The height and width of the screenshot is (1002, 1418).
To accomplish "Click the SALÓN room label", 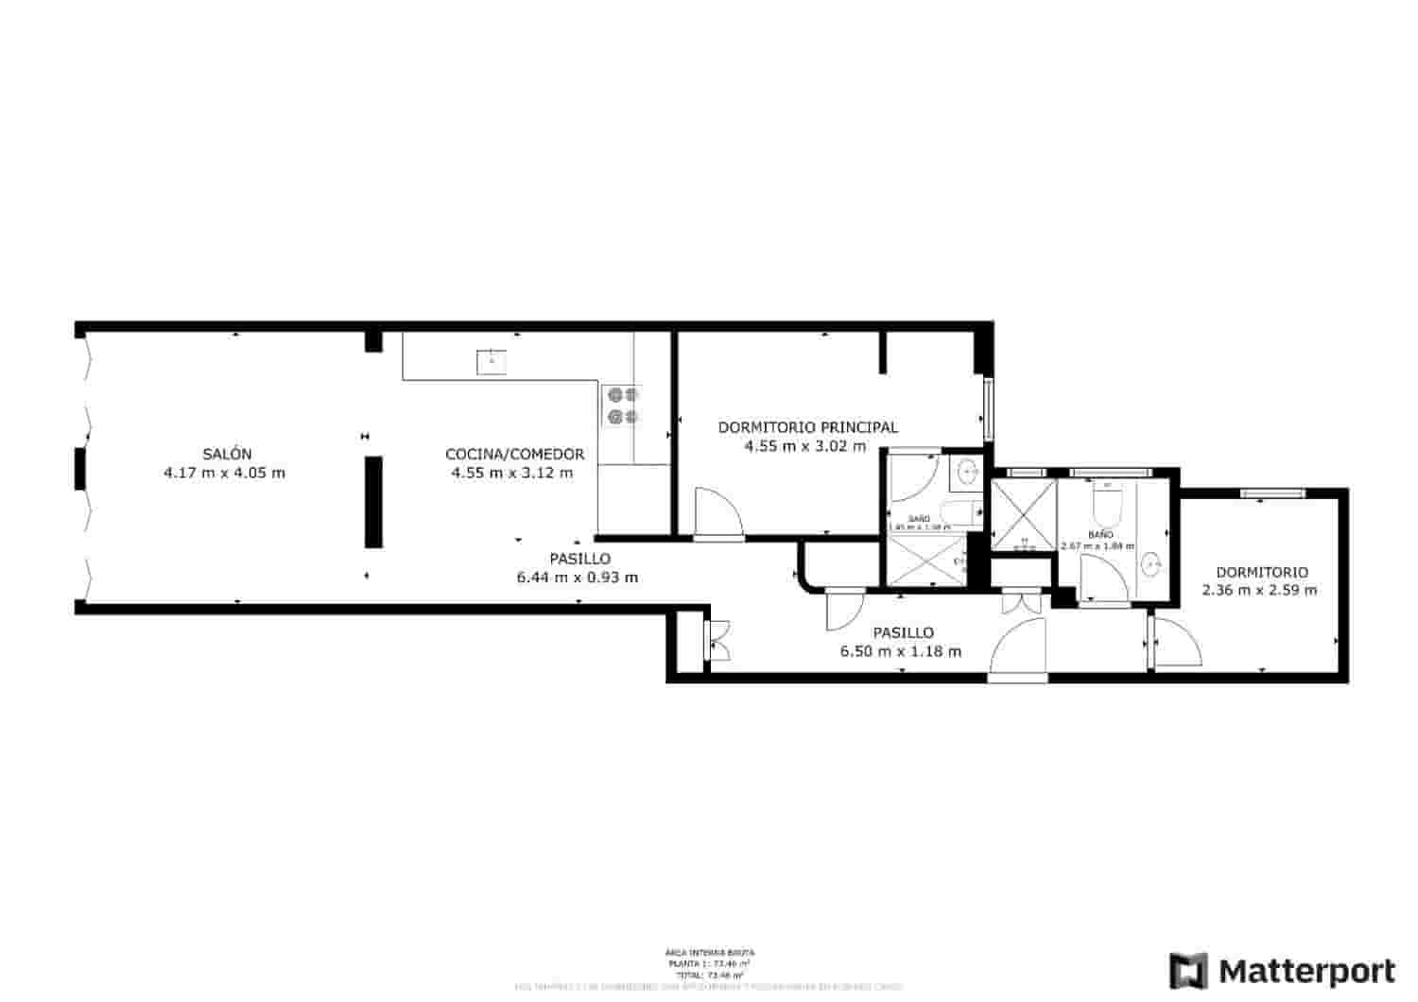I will click(226, 454).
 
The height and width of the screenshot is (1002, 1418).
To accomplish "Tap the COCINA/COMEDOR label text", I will click(514, 454).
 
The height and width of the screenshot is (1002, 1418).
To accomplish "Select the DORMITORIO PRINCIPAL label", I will click(807, 427).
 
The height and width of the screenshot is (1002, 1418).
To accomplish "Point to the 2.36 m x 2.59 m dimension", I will click(1259, 590).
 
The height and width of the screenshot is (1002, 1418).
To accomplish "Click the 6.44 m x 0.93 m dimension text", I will click(577, 577).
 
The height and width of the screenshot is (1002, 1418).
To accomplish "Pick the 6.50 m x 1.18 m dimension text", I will click(901, 650).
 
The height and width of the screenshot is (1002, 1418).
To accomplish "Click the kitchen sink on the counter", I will click(492, 361).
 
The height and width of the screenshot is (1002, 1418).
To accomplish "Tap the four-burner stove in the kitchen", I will click(622, 406).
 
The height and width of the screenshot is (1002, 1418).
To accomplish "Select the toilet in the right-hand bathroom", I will click(1106, 509).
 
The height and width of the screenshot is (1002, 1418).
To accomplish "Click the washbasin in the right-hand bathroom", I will click(1151, 564).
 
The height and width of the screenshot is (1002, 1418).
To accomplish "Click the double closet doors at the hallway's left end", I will click(718, 639).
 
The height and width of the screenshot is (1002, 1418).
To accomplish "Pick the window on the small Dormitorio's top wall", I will click(1271, 492).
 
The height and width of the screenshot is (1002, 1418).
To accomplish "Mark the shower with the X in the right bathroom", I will click(1022, 515).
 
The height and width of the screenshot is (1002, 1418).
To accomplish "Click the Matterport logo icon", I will click(1188, 971).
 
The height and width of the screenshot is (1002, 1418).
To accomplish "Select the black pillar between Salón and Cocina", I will click(374, 501).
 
